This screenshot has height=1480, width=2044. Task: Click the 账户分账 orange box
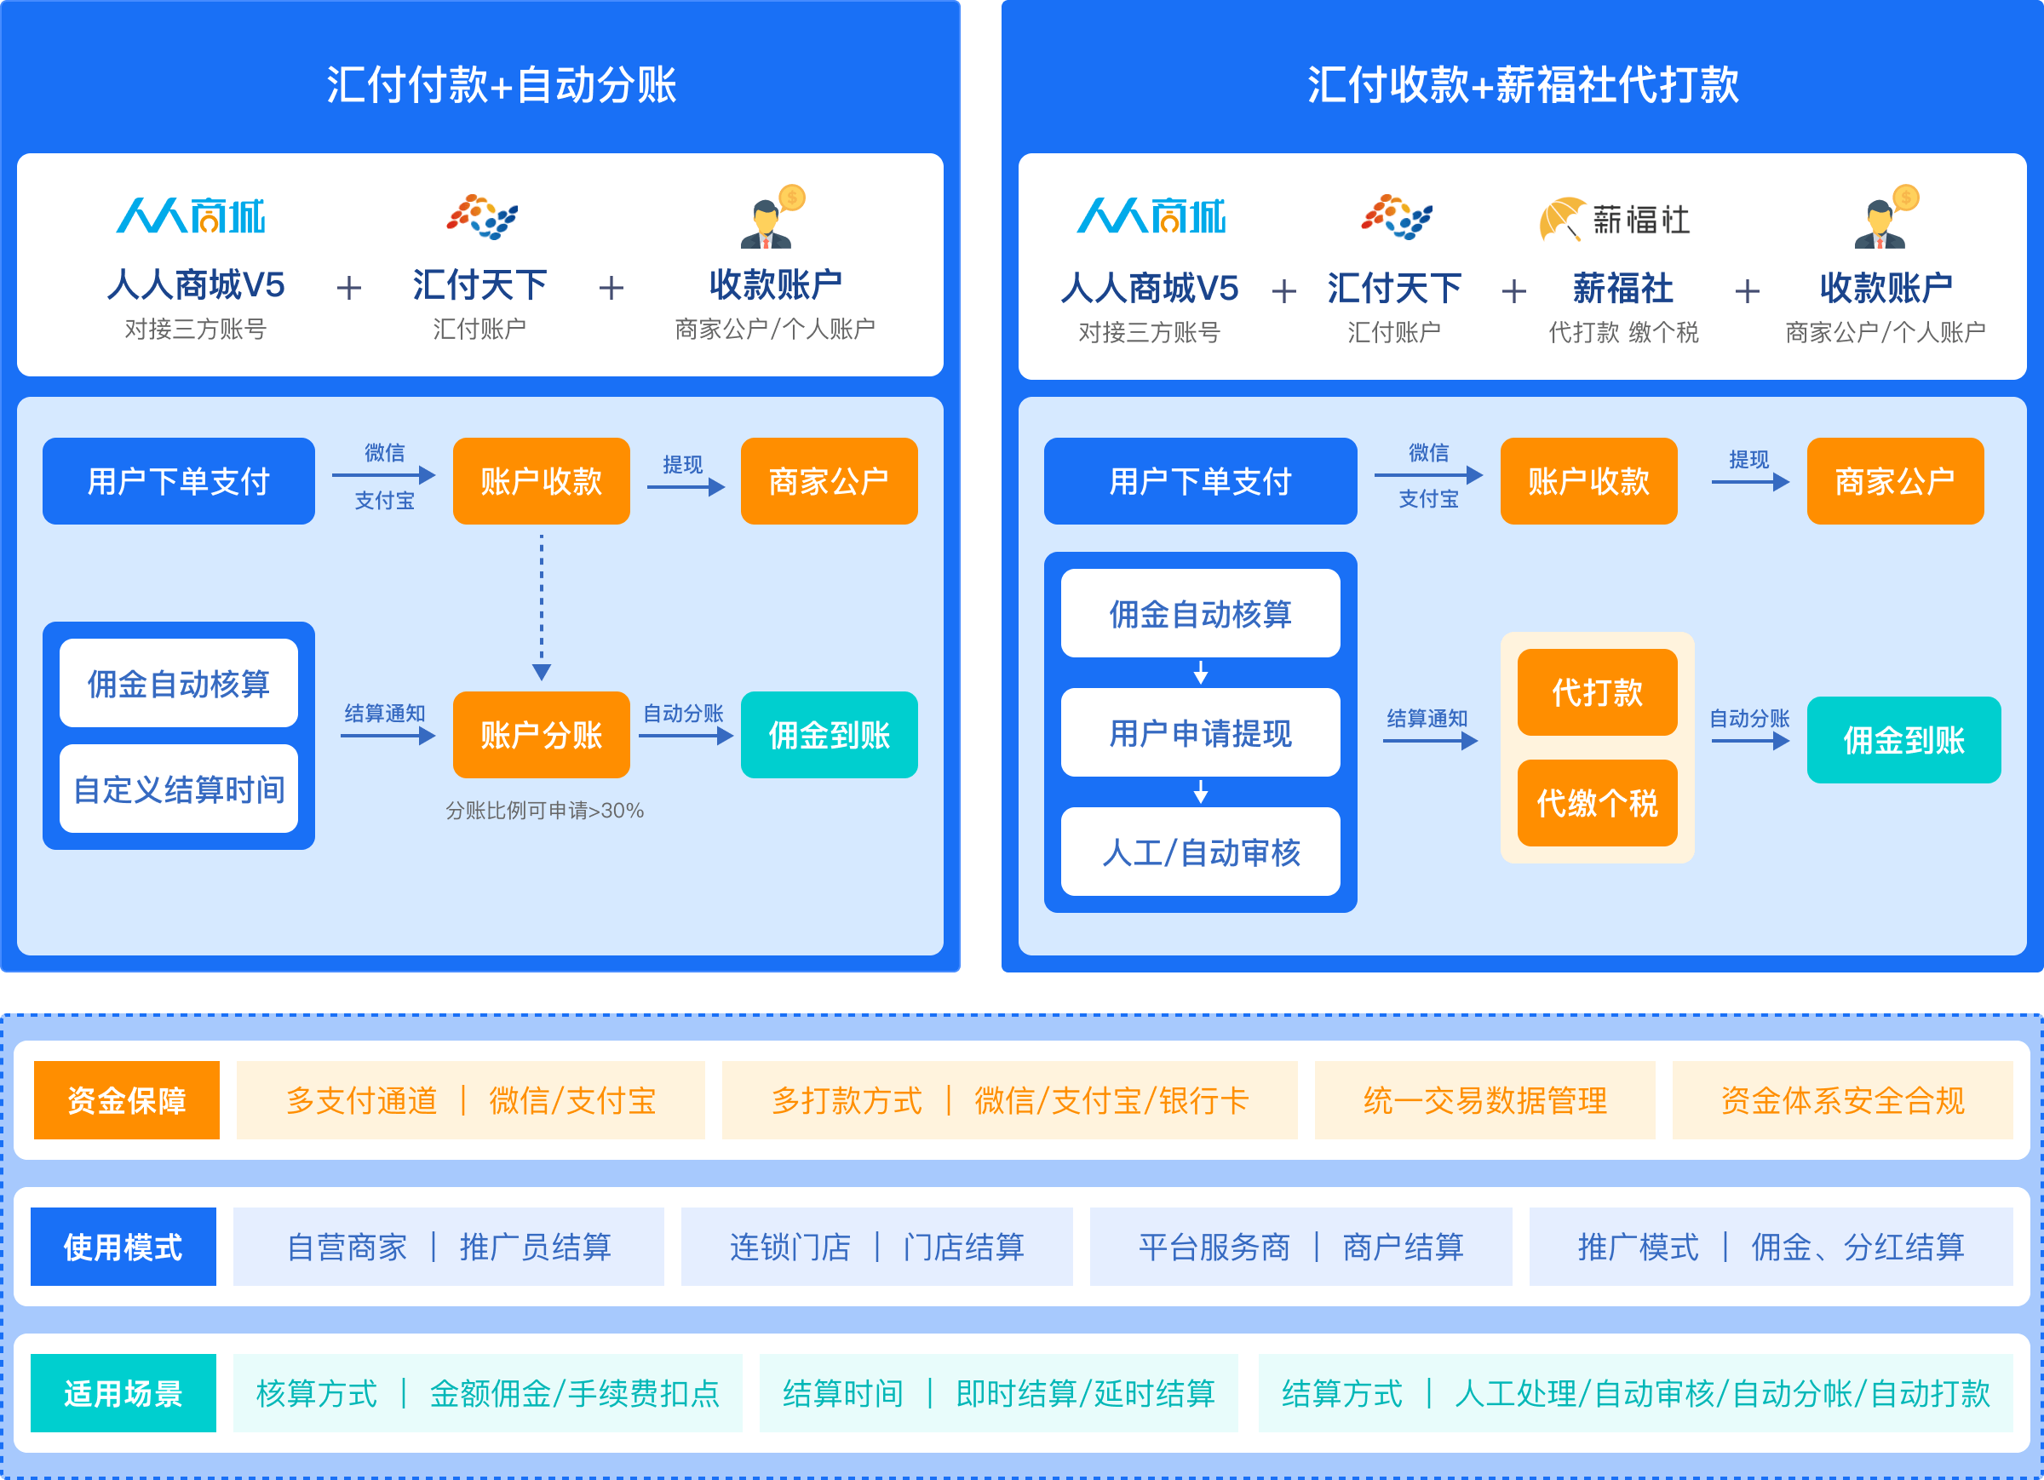tap(541, 735)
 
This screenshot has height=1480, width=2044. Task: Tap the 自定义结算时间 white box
tap(179, 789)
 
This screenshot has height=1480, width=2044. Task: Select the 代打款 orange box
tap(1597, 692)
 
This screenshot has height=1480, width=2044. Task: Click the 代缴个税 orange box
tap(1597, 802)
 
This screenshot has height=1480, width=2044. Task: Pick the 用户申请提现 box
tap(1201, 733)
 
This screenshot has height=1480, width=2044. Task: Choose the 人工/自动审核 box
tap(1201, 852)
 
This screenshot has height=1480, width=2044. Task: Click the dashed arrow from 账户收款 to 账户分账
tap(542, 607)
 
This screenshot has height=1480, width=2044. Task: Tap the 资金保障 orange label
tap(127, 1099)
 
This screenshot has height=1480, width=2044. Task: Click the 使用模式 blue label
tap(123, 1247)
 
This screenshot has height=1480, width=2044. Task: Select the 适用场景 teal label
tap(123, 1393)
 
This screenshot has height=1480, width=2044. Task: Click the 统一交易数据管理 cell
tap(1485, 1099)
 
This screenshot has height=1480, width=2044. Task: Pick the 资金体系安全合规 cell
tap(1843, 1099)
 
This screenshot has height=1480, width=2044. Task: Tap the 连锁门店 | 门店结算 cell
tap(877, 1247)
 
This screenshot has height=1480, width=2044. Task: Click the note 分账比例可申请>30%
tap(544, 811)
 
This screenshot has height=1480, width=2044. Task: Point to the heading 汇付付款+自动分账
tap(501, 84)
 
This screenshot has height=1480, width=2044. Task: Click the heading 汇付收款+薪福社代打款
tap(1523, 84)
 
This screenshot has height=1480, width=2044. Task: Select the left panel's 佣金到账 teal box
tap(830, 735)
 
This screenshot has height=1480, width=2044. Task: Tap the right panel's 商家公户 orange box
tap(1895, 481)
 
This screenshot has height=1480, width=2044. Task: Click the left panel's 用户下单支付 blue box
tap(179, 481)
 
